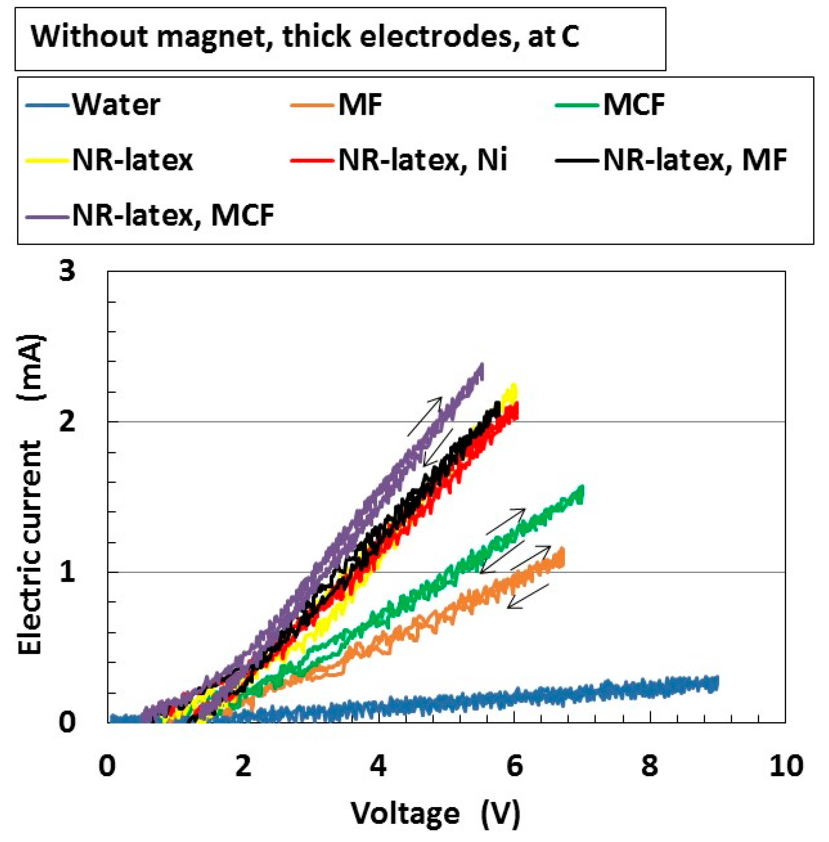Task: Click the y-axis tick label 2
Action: click(68, 422)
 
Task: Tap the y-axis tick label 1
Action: click(68, 572)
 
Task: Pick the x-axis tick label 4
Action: click(379, 766)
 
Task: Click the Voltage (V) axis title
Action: click(435, 813)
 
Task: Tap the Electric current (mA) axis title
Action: click(31, 494)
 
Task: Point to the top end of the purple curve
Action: click(482, 365)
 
